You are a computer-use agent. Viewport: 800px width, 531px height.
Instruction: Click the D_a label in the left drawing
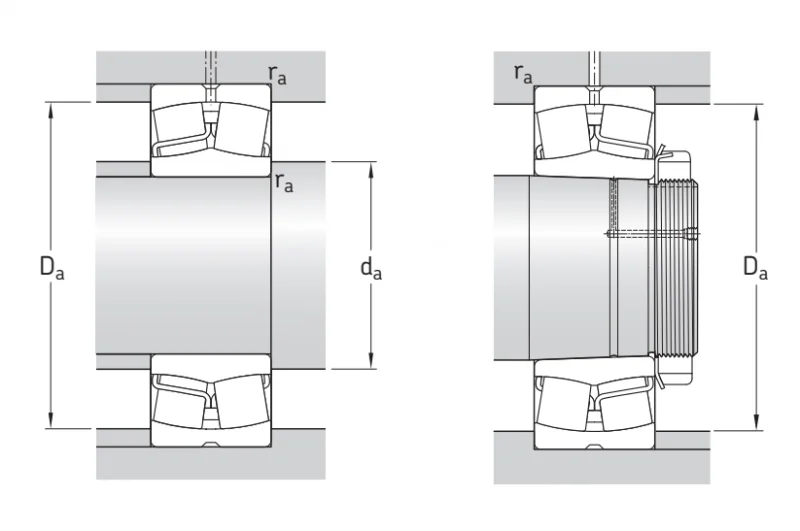(52, 267)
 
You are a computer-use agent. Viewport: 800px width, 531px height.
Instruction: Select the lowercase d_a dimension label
(371, 268)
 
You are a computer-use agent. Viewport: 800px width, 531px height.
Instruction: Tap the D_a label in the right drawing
(755, 267)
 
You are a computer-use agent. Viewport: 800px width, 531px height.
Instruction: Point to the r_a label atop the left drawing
(278, 75)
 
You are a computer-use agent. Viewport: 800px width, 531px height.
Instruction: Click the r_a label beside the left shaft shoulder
(284, 183)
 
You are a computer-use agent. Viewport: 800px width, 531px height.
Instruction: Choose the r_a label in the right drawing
(523, 74)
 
